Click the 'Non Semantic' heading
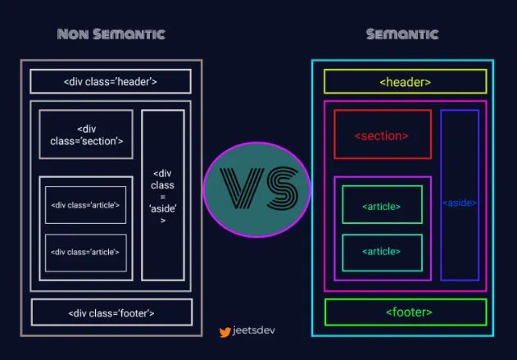tap(111, 34)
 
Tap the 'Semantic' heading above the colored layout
tap(401, 34)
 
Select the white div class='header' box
tap(111, 82)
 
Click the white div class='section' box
tap(86, 134)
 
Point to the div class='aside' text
tap(162, 197)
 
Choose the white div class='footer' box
tap(111, 312)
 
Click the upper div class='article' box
tap(86, 205)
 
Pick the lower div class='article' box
tap(86, 253)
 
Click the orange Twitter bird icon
tap(224, 333)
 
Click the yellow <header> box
tap(405, 82)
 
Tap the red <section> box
tap(382, 134)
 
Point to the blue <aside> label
tap(460, 203)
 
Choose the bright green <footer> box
tap(406, 312)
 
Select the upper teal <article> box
tap(382, 205)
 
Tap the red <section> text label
tap(381, 135)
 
